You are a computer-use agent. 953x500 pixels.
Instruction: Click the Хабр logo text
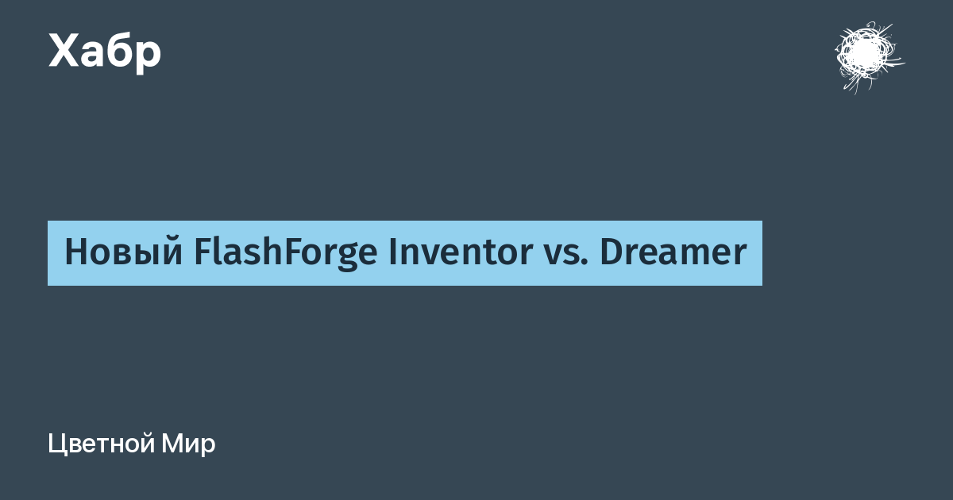coord(105,52)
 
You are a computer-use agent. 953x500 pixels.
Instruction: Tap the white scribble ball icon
coord(869,57)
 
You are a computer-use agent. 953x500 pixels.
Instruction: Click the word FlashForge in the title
coord(285,252)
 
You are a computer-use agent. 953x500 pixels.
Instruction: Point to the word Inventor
coord(461,252)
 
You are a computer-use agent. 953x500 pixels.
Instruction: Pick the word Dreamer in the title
coord(673,252)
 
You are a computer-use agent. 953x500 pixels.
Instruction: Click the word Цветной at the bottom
coord(102,444)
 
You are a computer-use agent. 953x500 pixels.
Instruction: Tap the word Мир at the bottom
coord(188,444)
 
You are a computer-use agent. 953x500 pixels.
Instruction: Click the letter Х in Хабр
coord(64,51)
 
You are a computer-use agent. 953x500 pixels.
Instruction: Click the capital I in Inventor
coord(392,252)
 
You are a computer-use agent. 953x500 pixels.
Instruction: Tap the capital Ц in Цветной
coord(57,444)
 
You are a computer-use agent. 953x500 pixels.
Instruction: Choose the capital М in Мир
coord(171,444)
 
